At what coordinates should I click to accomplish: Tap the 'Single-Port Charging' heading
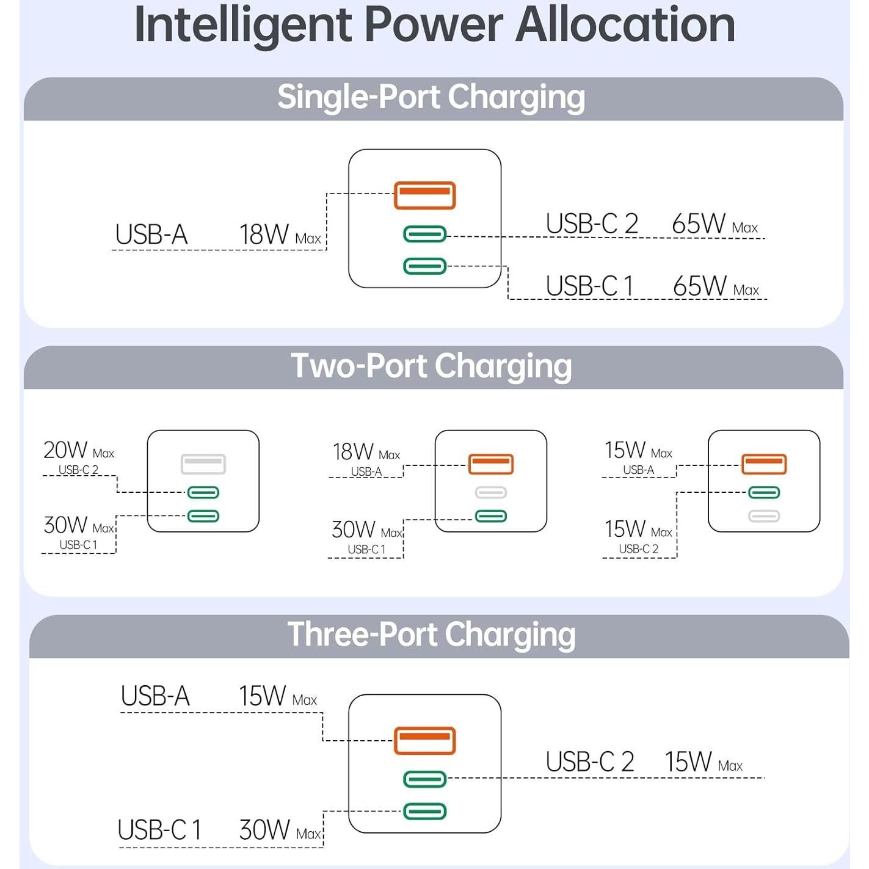click(x=431, y=98)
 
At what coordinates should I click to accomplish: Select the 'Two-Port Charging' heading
click(x=431, y=366)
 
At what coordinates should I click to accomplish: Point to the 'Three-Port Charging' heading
click(x=431, y=635)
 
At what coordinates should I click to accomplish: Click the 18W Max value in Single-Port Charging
click(x=280, y=235)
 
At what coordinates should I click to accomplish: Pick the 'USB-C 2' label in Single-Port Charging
click(x=592, y=224)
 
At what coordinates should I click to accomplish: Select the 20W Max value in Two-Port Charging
click(x=78, y=451)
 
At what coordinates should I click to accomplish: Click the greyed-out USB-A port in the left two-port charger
click(x=203, y=464)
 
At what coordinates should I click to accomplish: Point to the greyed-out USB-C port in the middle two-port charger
click(x=491, y=492)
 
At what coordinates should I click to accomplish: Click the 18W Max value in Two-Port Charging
click(x=366, y=453)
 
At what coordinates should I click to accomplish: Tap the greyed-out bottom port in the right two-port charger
click(x=764, y=516)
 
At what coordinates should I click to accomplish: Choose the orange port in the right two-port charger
click(x=764, y=464)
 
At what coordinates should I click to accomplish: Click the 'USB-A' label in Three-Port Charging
click(x=155, y=697)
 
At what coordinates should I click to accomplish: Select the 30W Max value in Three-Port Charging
click(x=280, y=831)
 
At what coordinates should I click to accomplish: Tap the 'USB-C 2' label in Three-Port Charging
click(x=589, y=763)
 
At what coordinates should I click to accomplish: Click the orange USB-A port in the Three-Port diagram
click(x=424, y=741)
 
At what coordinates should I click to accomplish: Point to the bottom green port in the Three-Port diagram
click(x=424, y=812)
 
